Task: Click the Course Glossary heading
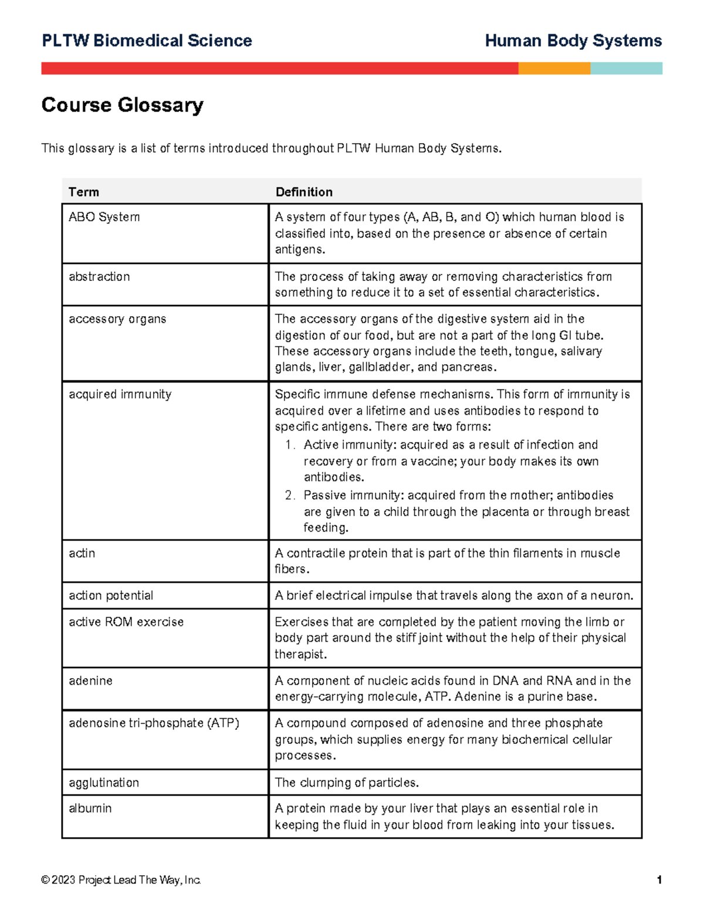tap(122, 105)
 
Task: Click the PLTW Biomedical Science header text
tap(147, 40)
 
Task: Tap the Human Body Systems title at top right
tap(573, 40)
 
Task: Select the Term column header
tap(84, 192)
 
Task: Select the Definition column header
tap(304, 192)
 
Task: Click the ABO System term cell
tap(104, 217)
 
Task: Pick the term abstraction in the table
tap(99, 276)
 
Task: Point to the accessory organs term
tap(117, 319)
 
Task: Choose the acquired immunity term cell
tap(120, 394)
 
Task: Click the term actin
tap(82, 553)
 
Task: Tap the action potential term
tap(111, 595)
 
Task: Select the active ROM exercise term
tap(126, 622)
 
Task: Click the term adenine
tap(90, 680)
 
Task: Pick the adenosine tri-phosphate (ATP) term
tap(154, 723)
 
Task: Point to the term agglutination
tap(104, 783)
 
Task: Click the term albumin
tap(90, 808)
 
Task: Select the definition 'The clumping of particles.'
tap(347, 783)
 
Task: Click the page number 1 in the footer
tap(659, 880)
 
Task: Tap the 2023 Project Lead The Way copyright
tap(121, 880)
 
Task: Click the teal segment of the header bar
tap(626, 68)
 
